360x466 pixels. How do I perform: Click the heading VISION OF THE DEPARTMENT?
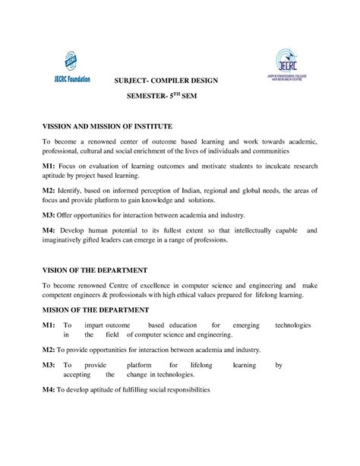[95, 270]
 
